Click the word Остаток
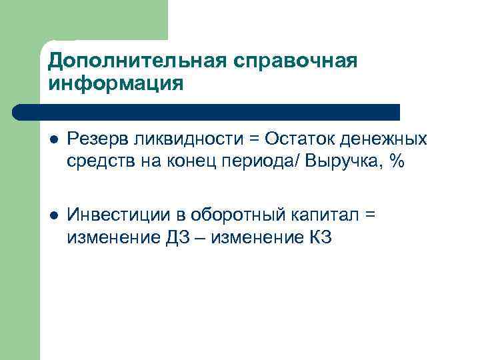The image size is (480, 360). point(301,139)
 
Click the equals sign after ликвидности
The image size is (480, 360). point(254,140)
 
